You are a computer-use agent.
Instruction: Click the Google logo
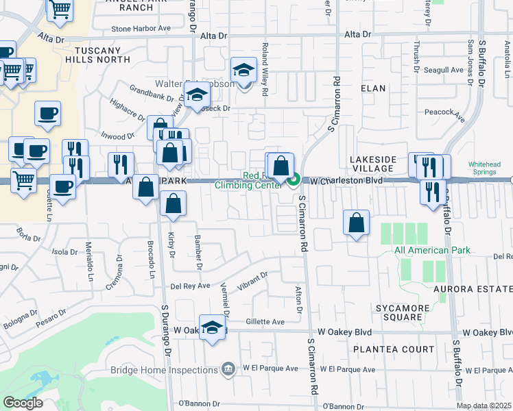pyautogui.click(x=23, y=403)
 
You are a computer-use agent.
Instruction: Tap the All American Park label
pyautogui.click(x=432, y=250)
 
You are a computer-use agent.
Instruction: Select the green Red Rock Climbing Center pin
pyautogui.click(x=294, y=181)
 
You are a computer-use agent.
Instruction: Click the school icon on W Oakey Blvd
pyautogui.click(x=213, y=327)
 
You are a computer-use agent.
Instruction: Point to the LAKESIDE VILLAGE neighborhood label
pyautogui.click(x=373, y=164)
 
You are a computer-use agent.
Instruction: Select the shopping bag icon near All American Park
pyautogui.click(x=356, y=223)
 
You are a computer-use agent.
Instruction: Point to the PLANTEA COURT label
pyautogui.click(x=394, y=349)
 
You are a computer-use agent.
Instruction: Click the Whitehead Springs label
pyautogui.click(x=489, y=169)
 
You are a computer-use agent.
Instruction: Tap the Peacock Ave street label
pyautogui.click(x=445, y=114)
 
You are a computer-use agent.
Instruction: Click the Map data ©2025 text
pyautogui.click(x=484, y=406)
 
